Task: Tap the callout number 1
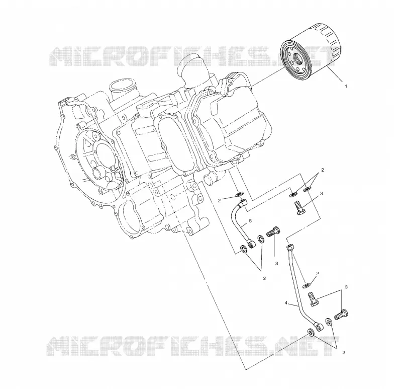pyautogui.click(x=346, y=87)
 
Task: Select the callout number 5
pyautogui.click(x=250, y=220)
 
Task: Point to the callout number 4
pyautogui.click(x=286, y=303)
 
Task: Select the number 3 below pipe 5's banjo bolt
pyautogui.click(x=277, y=263)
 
